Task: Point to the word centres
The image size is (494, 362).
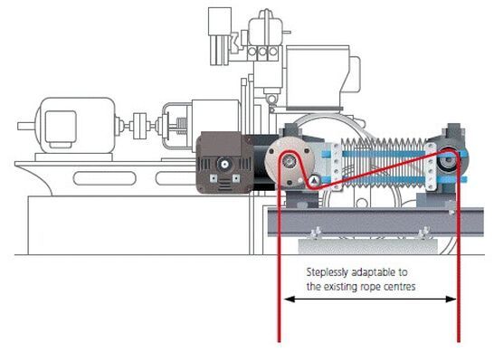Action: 400,287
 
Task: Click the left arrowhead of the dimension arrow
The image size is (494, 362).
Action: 290,299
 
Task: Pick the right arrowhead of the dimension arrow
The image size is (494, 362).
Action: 451,299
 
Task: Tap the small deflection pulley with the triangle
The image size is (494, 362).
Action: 314,180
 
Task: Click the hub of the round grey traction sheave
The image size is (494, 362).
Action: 289,161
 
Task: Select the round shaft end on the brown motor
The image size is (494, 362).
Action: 224,164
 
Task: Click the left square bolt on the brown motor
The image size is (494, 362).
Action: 214,178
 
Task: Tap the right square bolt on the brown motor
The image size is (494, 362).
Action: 236,178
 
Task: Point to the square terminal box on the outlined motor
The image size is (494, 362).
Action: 61,127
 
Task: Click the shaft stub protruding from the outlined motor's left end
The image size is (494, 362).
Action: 26,127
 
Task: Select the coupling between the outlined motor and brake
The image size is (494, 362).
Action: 140,126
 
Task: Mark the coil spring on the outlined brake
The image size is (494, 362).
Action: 180,126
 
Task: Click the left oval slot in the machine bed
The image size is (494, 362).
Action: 105,178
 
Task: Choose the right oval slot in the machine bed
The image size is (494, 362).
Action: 176,178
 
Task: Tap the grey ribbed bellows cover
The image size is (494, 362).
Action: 383,163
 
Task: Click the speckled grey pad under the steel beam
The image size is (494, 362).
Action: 367,246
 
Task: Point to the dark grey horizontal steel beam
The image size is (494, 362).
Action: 375,222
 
